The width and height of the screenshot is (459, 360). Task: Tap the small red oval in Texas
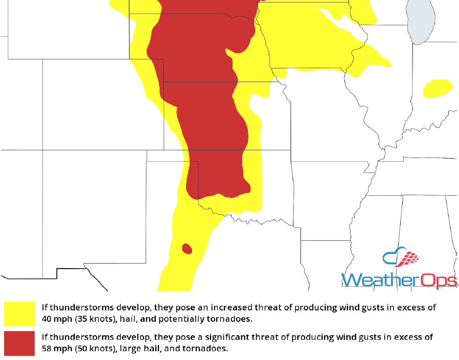[x=187, y=249]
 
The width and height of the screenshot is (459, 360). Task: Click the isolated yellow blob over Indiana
[x=438, y=88]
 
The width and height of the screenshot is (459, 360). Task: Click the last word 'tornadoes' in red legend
[x=207, y=349]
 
